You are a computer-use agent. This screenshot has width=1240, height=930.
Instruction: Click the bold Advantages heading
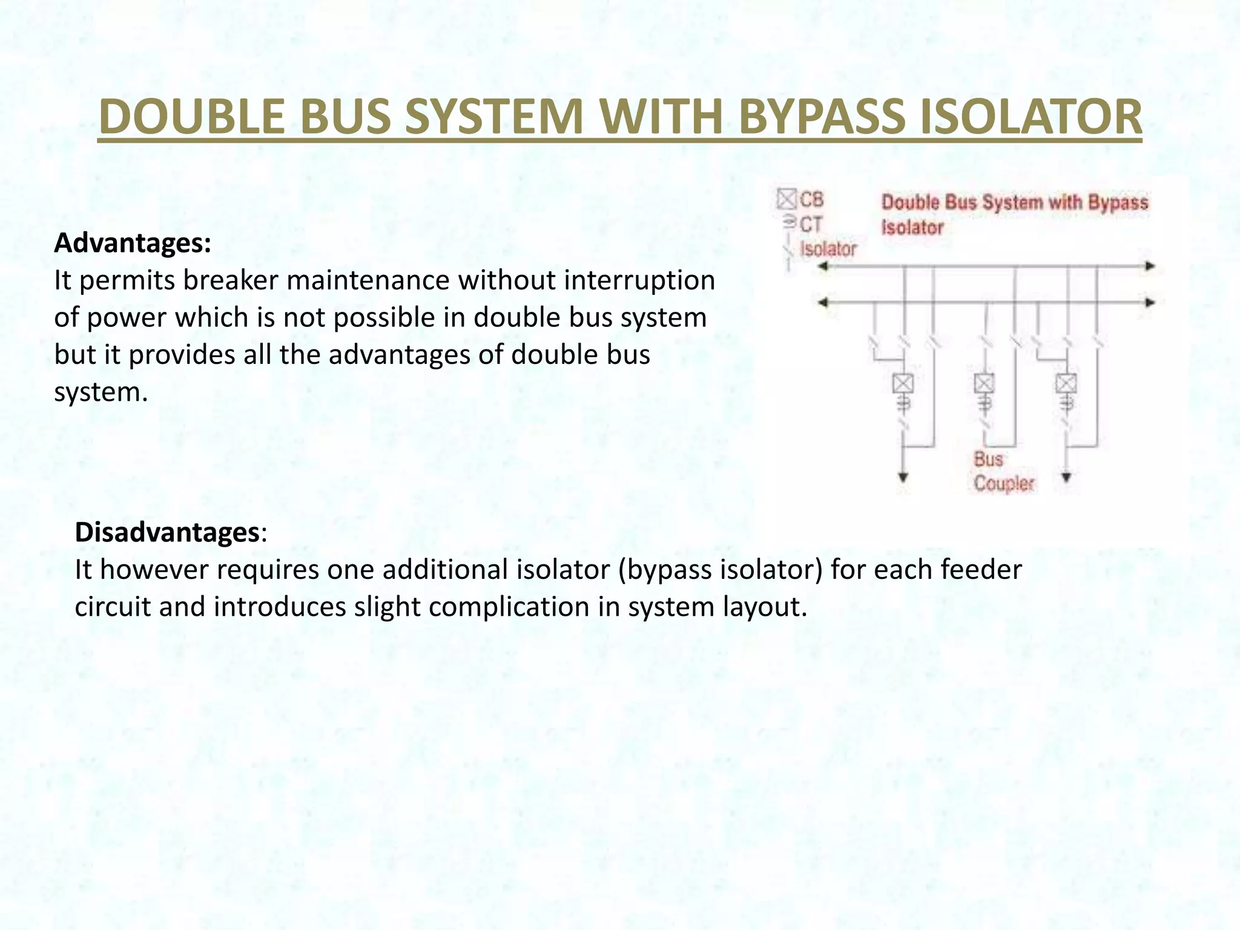(133, 243)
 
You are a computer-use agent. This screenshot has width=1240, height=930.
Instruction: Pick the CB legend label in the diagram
(811, 200)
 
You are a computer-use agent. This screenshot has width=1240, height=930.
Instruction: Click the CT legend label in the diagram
(810, 225)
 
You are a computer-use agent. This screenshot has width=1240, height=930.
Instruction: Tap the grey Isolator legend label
(828, 249)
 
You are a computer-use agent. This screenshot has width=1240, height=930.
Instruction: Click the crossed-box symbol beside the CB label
(787, 199)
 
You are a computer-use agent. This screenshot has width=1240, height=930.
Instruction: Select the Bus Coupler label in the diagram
(1003, 471)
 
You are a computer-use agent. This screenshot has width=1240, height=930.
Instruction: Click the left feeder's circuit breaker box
(903, 383)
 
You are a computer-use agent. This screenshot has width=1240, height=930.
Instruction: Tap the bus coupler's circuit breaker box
(984, 383)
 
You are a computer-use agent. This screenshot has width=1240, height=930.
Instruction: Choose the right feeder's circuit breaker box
(1066, 383)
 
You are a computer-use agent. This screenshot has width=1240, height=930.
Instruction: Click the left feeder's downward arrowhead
(903, 477)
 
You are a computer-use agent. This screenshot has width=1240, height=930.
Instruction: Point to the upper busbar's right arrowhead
(1150, 266)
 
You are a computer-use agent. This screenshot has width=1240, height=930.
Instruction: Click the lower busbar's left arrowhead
(823, 302)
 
